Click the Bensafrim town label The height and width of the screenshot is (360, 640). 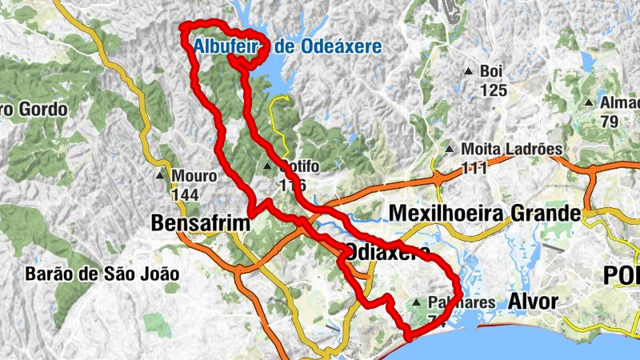(x=201, y=225)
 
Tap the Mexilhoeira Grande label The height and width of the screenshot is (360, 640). (x=483, y=214)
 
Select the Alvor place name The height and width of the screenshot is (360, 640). (x=532, y=302)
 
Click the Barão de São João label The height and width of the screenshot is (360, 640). (x=102, y=274)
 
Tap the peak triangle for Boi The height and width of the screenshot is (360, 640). (x=468, y=72)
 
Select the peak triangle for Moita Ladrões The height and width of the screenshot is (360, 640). (x=450, y=150)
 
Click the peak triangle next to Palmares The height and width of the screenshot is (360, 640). (x=416, y=303)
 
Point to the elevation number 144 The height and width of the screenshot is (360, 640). (x=184, y=194)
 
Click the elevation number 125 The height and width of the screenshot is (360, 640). (x=494, y=90)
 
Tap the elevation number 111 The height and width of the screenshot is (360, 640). (x=474, y=167)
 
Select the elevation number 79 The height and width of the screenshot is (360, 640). (x=610, y=122)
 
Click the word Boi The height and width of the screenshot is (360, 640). (x=490, y=71)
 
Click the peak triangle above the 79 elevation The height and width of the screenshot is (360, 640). (x=590, y=103)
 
